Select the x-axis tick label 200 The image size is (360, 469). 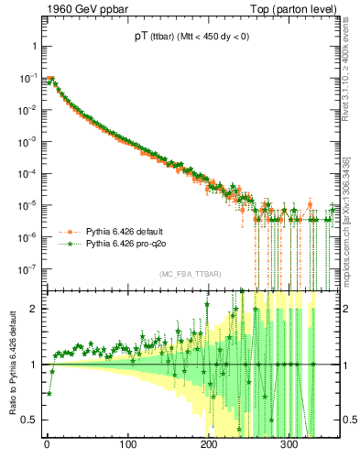210,444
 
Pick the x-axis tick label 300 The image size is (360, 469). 290,444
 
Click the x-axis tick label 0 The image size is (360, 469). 48,444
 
